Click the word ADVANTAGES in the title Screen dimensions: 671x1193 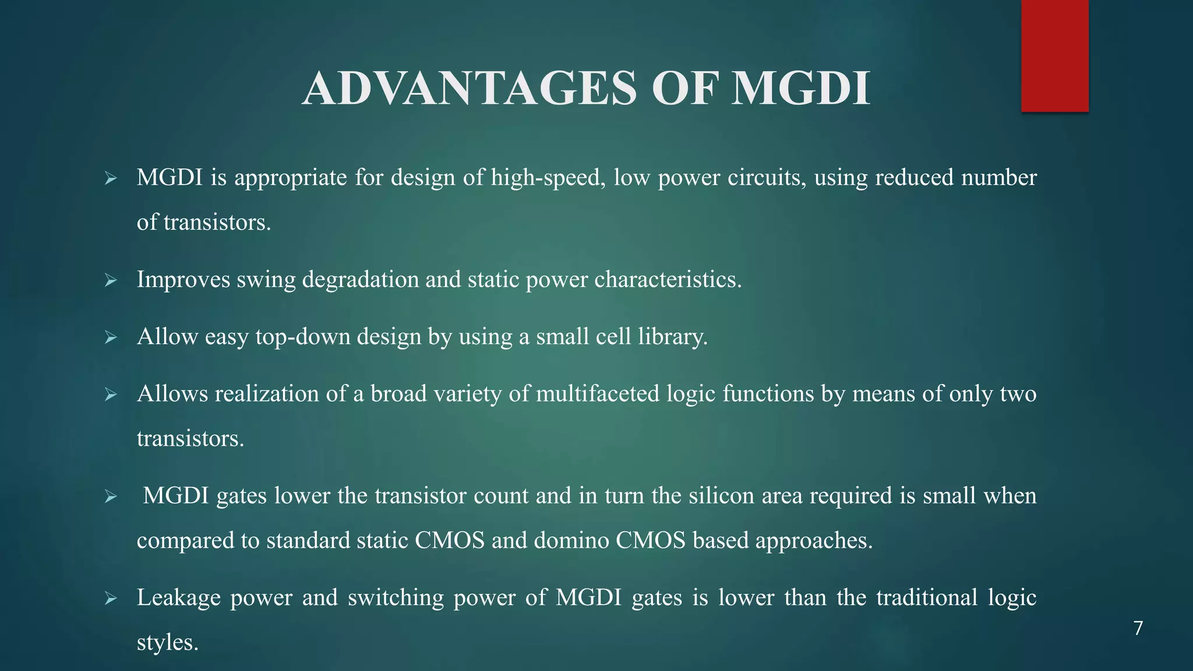click(x=470, y=89)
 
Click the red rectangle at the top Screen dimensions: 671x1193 click(x=1054, y=55)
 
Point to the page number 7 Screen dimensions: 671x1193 click(x=1138, y=628)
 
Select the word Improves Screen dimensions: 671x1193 click(x=183, y=280)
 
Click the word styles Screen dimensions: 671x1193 click(x=167, y=642)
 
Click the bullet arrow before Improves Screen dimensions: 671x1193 click(x=111, y=281)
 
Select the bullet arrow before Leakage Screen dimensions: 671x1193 click(x=111, y=599)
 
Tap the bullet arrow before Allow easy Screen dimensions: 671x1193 click(x=111, y=338)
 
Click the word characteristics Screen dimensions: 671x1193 click(x=668, y=280)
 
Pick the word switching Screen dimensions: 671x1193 click(x=396, y=598)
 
